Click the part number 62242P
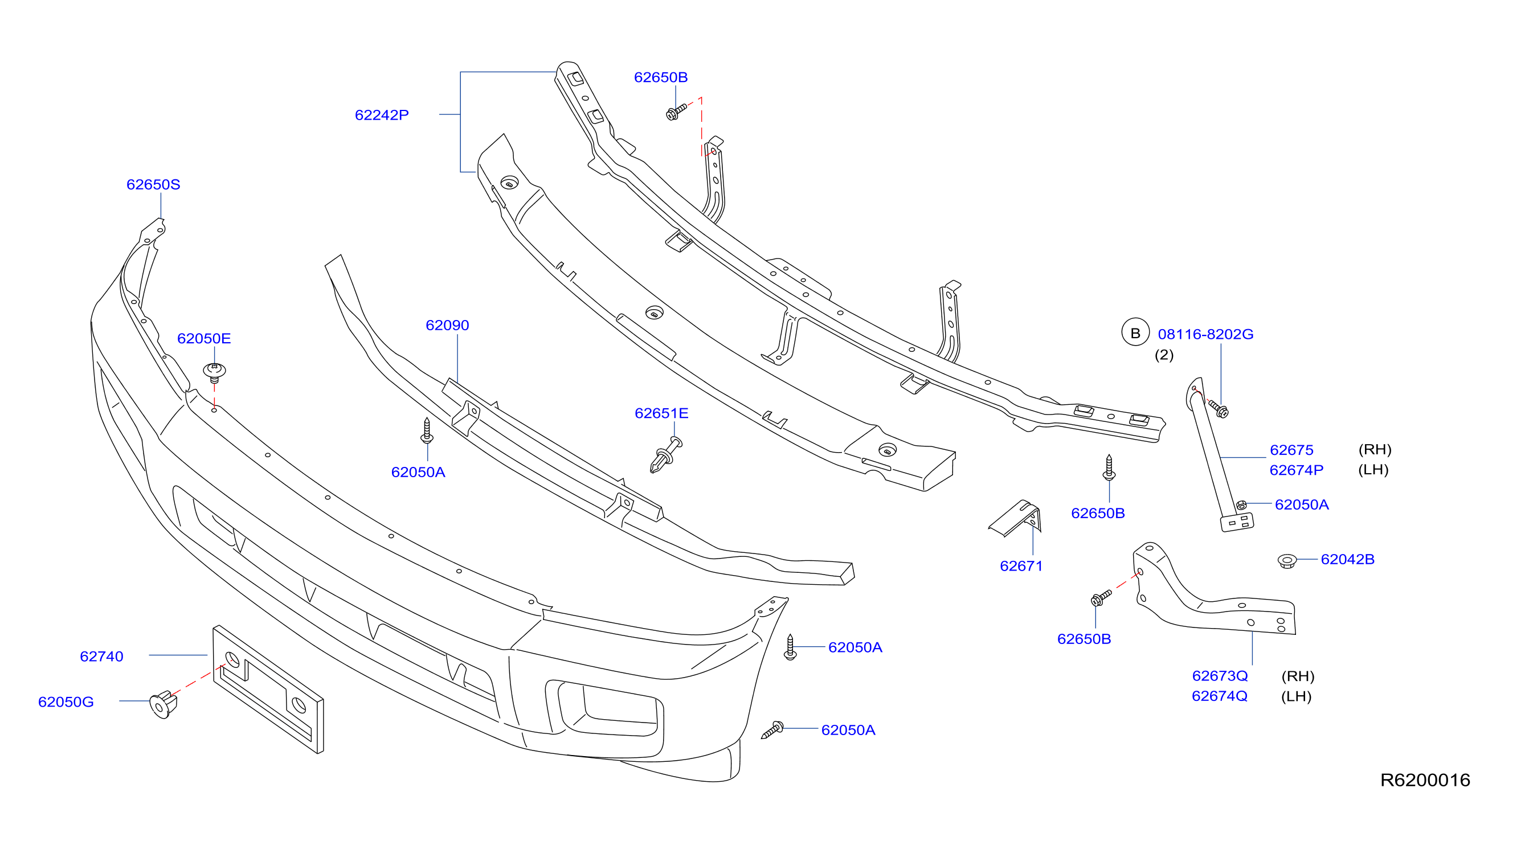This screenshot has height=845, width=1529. click(382, 115)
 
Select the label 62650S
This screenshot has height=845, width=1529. click(153, 184)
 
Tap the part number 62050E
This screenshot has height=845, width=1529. click(203, 339)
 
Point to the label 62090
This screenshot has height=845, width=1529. click(447, 325)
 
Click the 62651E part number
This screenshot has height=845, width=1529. click(661, 413)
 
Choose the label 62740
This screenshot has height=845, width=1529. click(101, 657)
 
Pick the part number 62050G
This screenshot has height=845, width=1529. click(66, 702)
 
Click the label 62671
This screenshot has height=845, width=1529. click(1021, 566)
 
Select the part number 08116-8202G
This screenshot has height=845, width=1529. click(1205, 335)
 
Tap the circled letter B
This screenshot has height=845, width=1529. click(1135, 333)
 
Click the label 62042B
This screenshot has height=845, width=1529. click(1347, 560)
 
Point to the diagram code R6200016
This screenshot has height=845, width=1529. click(1425, 780)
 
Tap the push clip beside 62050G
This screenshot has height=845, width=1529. click(163, 704)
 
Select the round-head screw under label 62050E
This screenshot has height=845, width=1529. click(214, 372)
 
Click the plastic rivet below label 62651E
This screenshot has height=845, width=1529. click(666, 454)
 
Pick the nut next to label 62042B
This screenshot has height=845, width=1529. click(1287, 561)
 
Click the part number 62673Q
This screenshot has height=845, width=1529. click(1220, 676)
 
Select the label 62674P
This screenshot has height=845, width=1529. click(1297, 470)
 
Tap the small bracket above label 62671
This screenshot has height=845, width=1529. click(1016, 518)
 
